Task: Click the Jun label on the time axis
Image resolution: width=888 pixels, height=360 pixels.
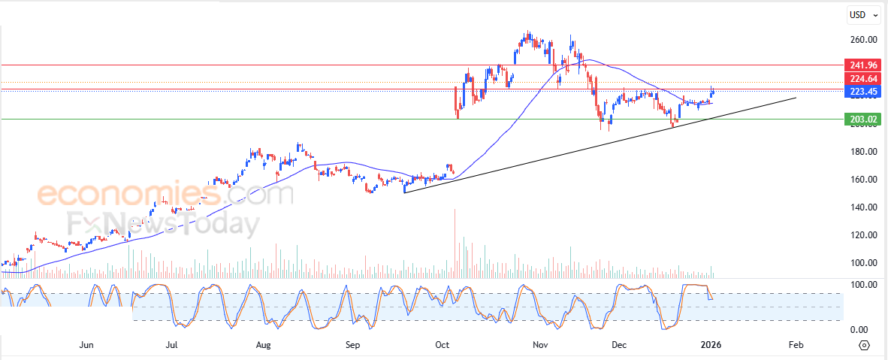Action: [x=86, y=346]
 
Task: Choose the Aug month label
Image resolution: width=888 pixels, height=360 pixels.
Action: [x=263, y=346]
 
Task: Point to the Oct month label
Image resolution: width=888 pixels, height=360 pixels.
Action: [x=442, y=346]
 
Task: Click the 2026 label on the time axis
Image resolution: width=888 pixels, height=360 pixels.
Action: [x=711, y=346]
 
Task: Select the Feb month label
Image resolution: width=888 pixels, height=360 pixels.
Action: [x=796, y=346]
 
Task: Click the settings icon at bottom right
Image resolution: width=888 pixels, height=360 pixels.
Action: [x=864, y=346]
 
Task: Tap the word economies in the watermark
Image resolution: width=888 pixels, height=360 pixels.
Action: [x=128, y=195]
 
